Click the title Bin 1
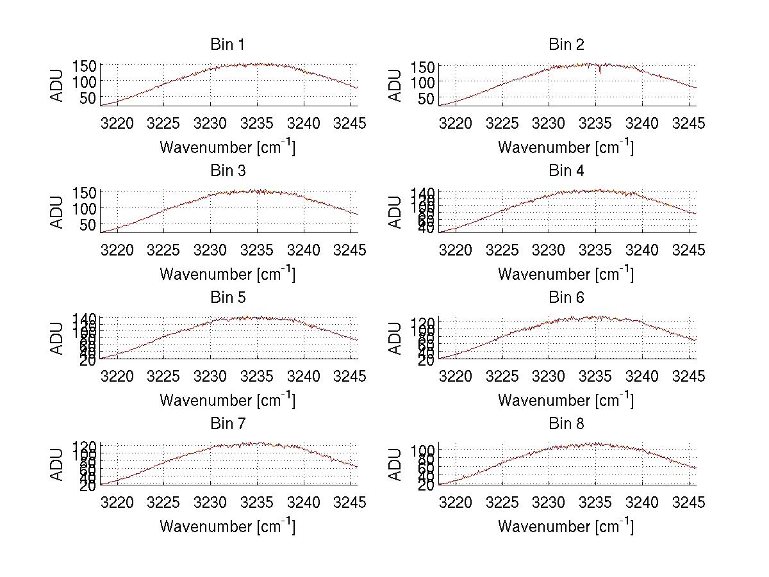pos(227,44)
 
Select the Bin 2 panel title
pos(566,44)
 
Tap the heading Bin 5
pos(227,297)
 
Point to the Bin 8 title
pos(566,423)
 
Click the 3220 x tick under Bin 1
pos(118,123)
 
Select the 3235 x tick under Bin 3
pos(258,249)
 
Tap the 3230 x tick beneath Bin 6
pos(549,376)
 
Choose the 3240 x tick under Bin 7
pos(304,502)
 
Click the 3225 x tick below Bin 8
pos(502,502)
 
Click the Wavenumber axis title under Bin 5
pos(227,400)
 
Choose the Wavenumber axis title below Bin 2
pos(566,147)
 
